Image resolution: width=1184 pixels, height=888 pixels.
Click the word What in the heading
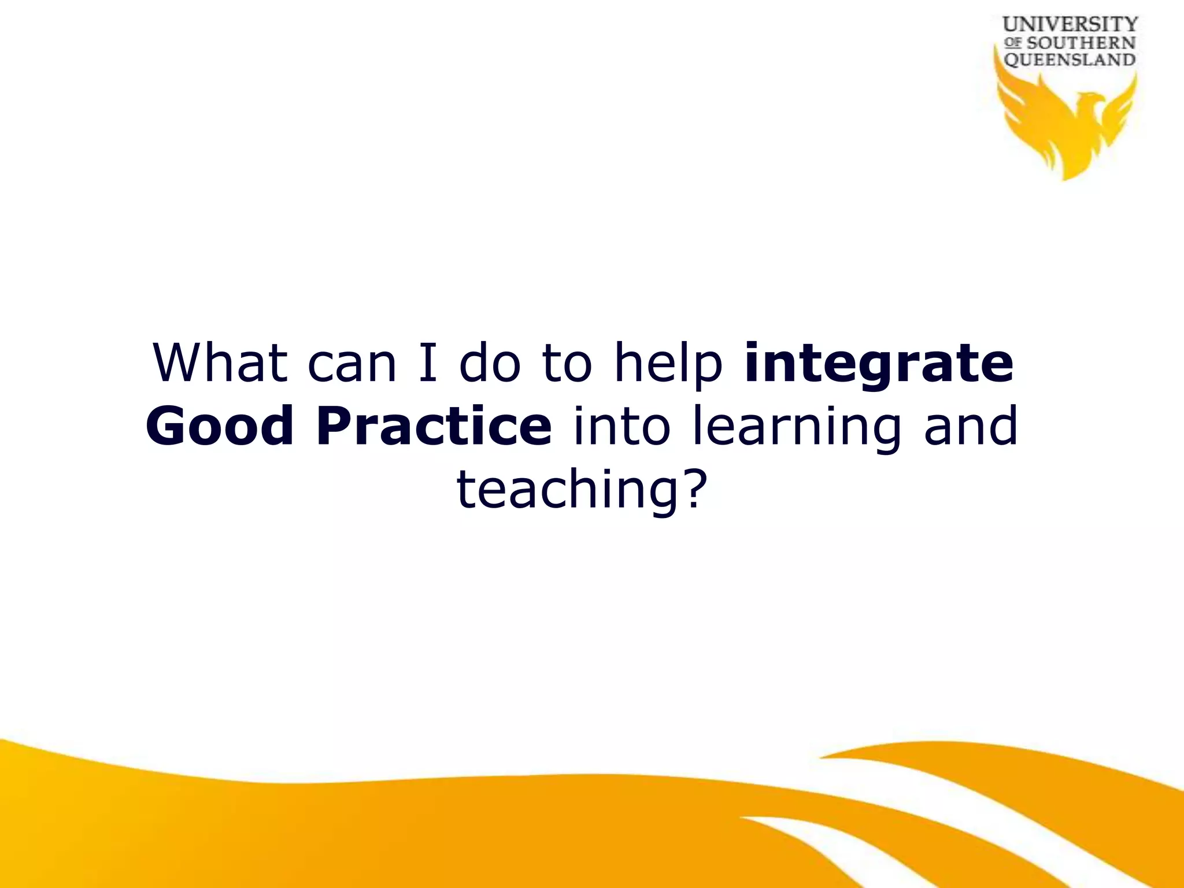[x=220, y=362]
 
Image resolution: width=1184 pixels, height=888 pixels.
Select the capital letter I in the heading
[x=428, y=362]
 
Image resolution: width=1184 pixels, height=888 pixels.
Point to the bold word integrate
[x=879, y=364]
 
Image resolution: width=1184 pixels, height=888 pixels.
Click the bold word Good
[x=220, y=426]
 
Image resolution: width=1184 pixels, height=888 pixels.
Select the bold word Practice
[x=434, y=426]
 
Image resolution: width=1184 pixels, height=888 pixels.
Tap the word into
[x=621, y=426]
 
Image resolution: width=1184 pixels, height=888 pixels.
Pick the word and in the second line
[x=971, y=426]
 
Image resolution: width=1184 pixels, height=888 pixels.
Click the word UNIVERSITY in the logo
[x=1070, y=24]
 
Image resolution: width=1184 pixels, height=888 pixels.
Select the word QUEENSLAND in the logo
[x=1070, y=60]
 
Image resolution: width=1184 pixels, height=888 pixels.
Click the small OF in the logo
[x=1013, y=43]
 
